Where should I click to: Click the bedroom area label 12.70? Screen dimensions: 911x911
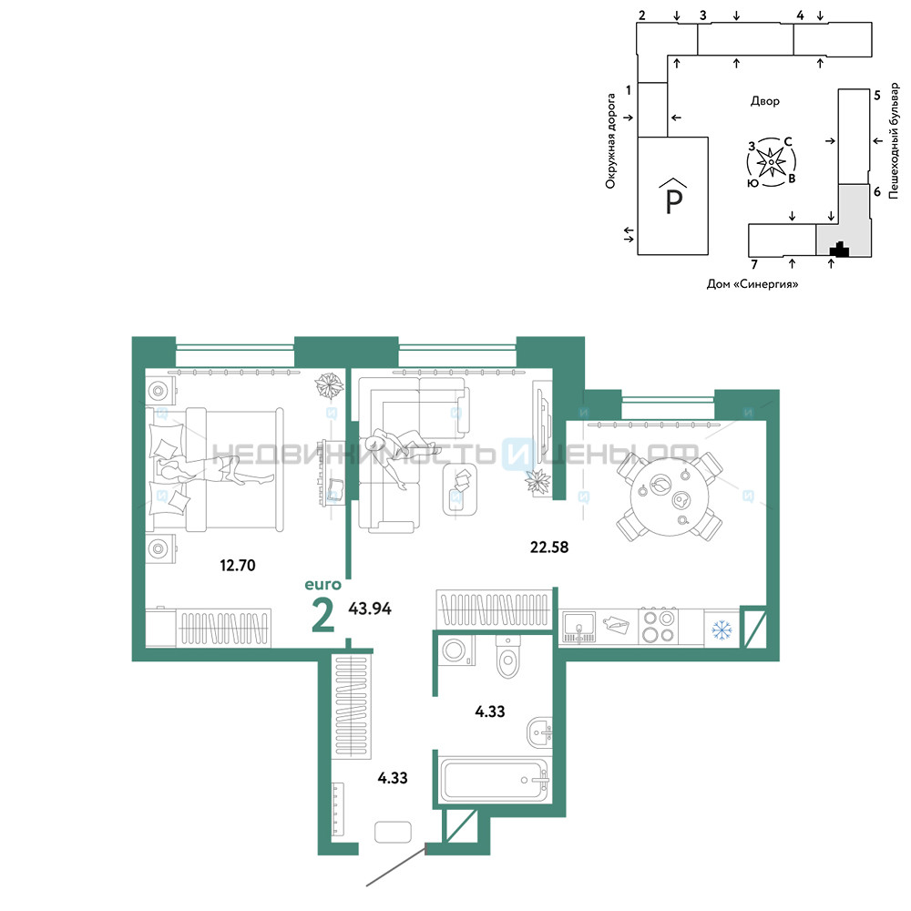pos(238,565)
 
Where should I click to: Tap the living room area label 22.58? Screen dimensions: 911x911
pos(549,547)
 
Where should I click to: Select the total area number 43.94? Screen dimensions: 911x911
pos(370,609)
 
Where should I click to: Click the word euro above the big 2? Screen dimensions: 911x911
pos(323,585)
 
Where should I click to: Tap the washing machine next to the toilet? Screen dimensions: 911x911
pos(457,651)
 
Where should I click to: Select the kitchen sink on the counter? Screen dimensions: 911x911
pos(578,627)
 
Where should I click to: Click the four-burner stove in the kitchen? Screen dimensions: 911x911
pos(659,627)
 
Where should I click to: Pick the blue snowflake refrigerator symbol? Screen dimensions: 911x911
pos(722,629)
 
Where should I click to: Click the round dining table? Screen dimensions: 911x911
pos(670,497)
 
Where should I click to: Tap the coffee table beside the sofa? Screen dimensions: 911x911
pos(460,488)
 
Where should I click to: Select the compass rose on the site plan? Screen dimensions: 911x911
pos(771,162)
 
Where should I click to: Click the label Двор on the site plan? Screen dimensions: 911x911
pos(764,101)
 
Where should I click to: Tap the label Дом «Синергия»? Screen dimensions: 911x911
pos(752,284)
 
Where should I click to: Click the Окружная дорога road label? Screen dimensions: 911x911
pos(610,141)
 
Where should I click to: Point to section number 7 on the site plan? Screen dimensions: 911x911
pos(754,265)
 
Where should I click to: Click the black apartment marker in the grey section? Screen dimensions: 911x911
pos(839,250)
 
